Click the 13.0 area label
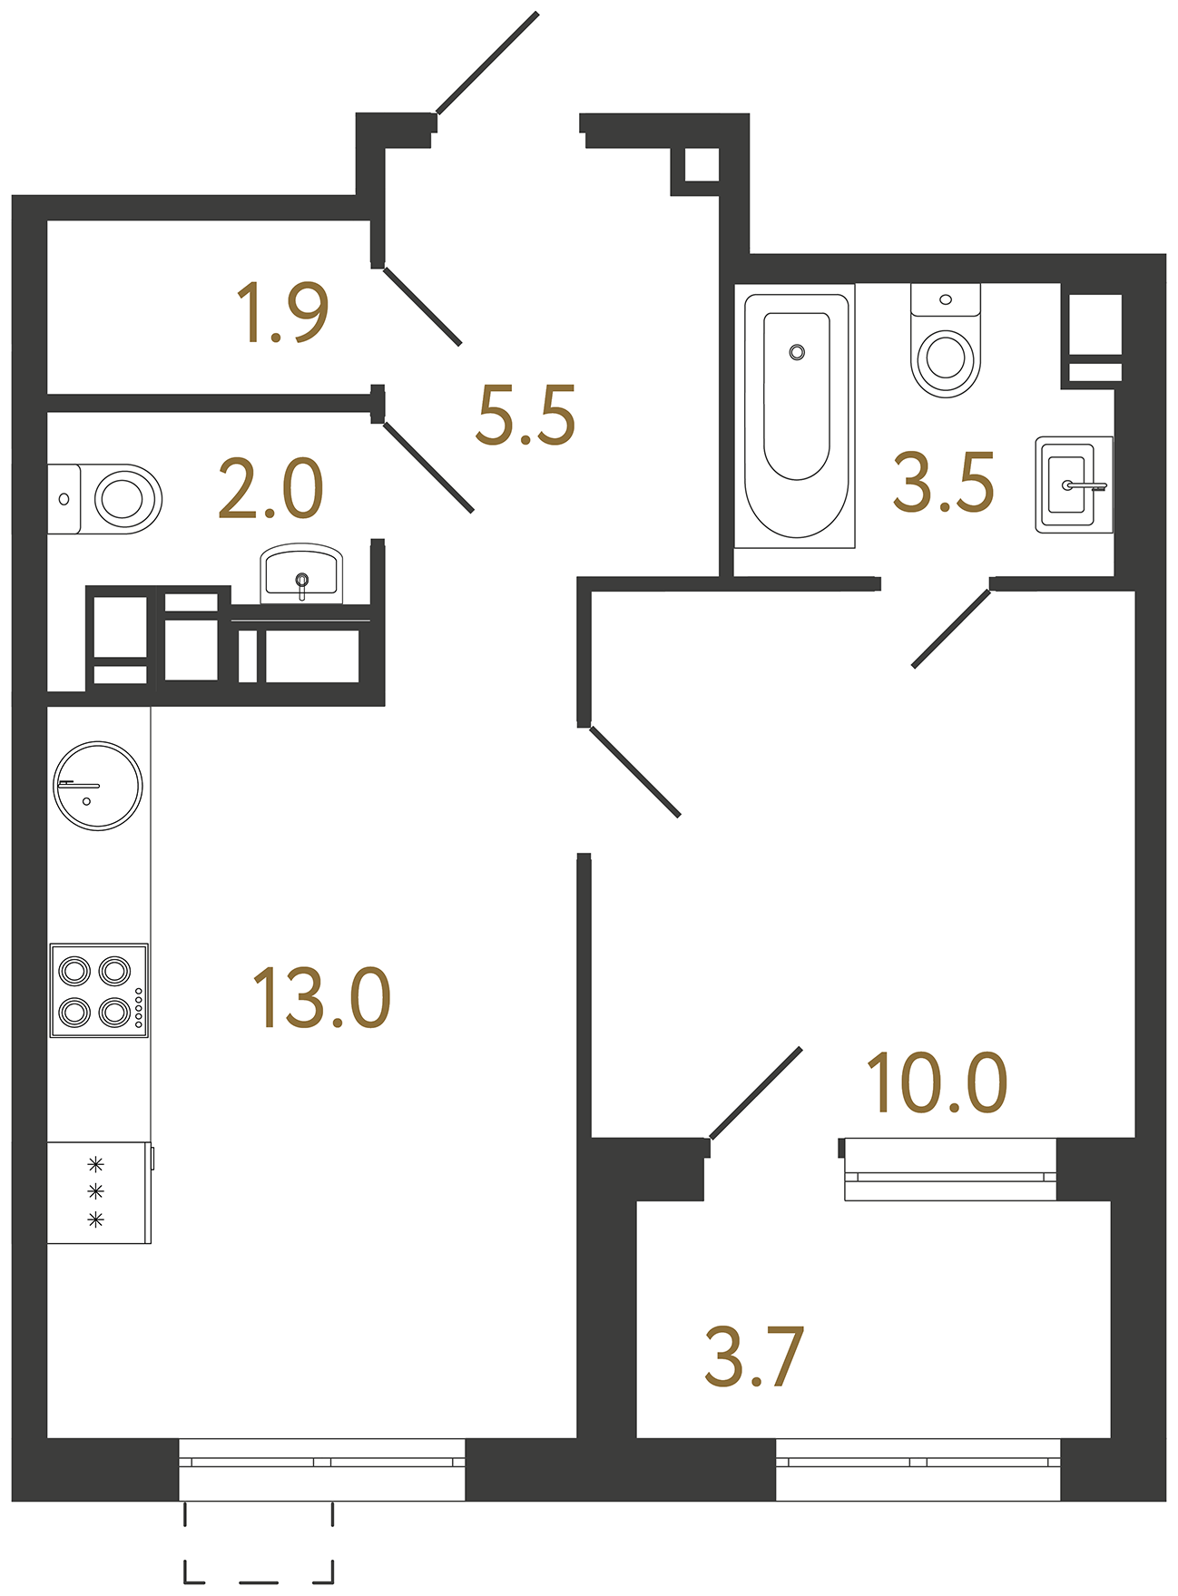coord(321,998)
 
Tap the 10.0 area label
coord(937,1082)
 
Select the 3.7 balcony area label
coord(754,1357)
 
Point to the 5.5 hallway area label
coord(525,416)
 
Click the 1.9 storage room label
coord(282,313)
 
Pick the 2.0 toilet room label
coord(270,489)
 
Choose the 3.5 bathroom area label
coord(944,483)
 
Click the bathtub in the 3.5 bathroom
coord(796,417)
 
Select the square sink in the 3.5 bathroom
coord(1074,485)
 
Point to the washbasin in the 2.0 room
coord(301,573)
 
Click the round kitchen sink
coord(98,786)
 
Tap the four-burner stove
coord(99,990)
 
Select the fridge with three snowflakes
coord(98,1192)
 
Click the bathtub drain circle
coord(797,352)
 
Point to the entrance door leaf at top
coord(487,63)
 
